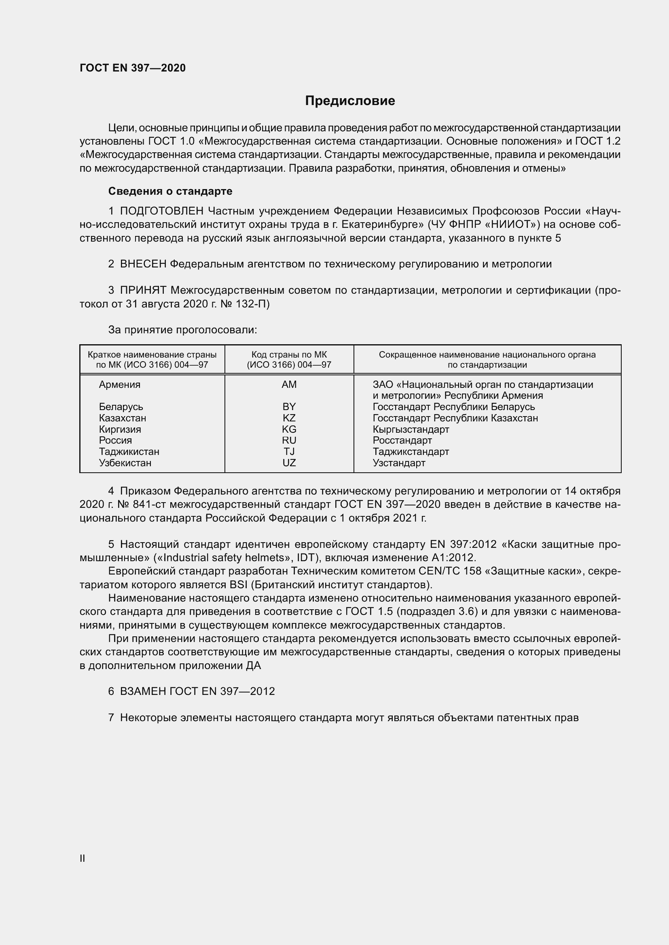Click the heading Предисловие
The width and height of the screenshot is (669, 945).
tap(350, 101)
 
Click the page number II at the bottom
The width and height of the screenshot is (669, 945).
tap(83, 858)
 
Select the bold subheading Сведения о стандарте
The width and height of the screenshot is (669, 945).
tap(170, 191)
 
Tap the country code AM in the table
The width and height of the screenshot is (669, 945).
tap(289, 384)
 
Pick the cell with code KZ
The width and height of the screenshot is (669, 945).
tap(289, 418)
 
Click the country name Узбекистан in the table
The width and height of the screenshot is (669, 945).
tap(125, 463)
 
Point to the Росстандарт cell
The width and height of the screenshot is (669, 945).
tap(402, 440)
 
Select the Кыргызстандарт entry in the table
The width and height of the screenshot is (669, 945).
tap(411, 429)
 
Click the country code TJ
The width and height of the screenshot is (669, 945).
tap(289, 452)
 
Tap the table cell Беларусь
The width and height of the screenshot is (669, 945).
tap(121, 407)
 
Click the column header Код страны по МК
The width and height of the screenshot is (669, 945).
tap(289, 355)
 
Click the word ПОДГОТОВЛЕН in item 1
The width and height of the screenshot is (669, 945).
tap(161, 211)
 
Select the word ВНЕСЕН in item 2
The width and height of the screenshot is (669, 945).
tap(143, 264)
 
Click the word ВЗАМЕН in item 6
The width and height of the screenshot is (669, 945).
tap(143, 691)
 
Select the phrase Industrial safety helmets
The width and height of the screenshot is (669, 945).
tap(225, 558)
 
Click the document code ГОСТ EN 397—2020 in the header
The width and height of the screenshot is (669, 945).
tap(133, 68)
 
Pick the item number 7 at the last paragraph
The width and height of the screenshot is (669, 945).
tap(111, 718)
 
